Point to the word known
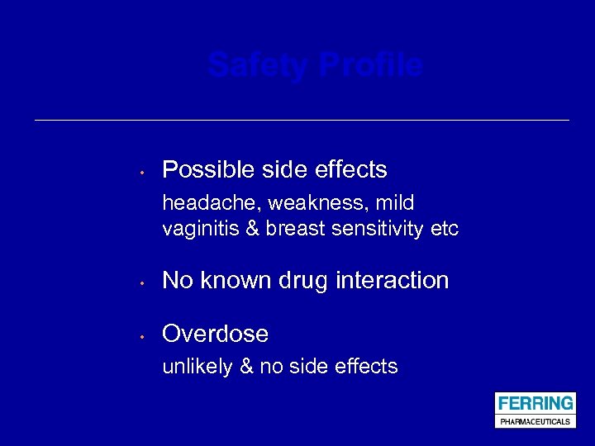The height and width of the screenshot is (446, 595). pos(240,281)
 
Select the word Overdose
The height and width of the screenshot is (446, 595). pos(215,334)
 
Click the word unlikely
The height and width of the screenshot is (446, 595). pos(197,367)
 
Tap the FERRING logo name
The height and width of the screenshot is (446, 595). pos(535,403)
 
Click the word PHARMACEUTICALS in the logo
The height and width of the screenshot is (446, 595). pos(535,421)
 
